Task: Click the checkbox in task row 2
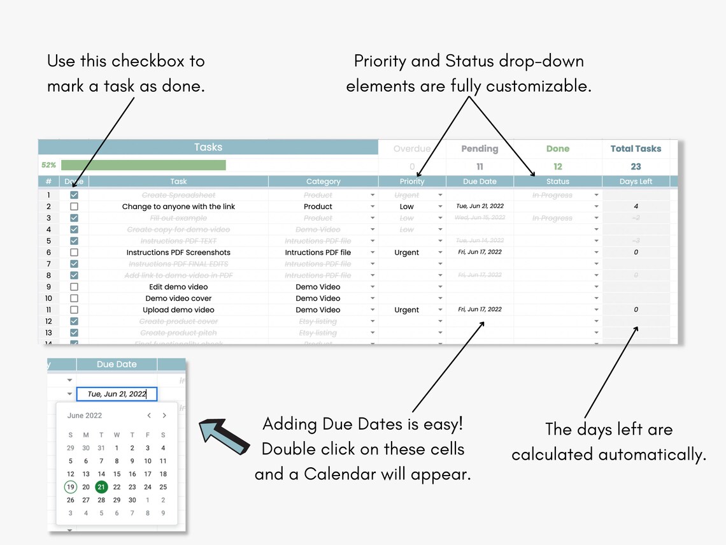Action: [x=75, y=207]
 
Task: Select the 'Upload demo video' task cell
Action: [x=178, y=310]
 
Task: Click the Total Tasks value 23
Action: [x=636, y=166]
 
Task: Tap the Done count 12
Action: [x=557, y=166]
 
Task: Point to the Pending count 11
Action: [x=480, y=166]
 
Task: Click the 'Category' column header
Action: [x=323, y=182]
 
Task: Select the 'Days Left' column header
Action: [x=636, y=182]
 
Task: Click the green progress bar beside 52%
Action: [x=143, y=165]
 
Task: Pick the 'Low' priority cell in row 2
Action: [x=407, y=207]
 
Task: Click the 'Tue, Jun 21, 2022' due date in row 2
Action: [x=480, y=207]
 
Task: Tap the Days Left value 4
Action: [x=636, y=207]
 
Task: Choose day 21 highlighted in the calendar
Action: [x=101, y=487]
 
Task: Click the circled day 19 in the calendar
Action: [x=70, y=487]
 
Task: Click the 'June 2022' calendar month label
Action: [x=85, y=416]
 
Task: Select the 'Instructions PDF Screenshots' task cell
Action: [x=178, y=252]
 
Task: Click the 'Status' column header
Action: [x=557, y=182]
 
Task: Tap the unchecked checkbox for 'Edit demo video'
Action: [x=75, y=287]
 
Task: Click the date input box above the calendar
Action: [x=117, y=394]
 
